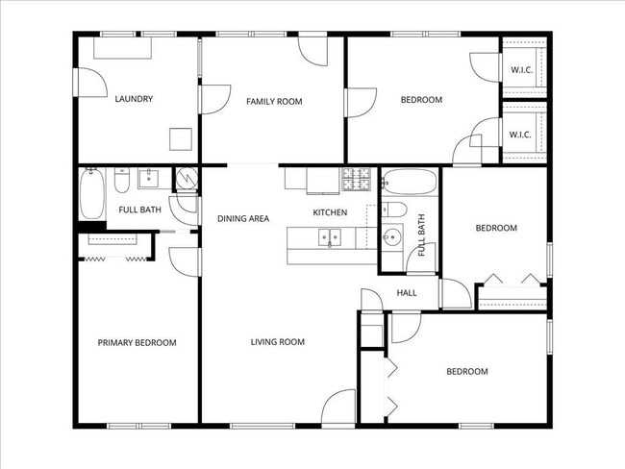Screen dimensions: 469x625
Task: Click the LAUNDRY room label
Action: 134,99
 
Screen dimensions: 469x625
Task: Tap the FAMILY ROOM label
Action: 274,101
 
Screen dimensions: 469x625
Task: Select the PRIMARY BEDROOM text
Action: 137,342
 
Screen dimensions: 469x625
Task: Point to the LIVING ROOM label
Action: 277,342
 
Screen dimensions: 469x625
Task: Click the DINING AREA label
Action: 242,218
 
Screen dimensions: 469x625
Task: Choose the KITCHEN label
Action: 330,212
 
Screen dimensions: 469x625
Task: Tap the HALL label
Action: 407,293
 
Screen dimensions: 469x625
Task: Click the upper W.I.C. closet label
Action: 521,70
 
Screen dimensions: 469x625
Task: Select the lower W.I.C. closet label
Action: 521,135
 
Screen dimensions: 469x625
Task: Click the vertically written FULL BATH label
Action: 421,235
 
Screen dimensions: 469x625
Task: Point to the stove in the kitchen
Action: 356,179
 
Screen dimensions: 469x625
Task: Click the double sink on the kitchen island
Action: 329,235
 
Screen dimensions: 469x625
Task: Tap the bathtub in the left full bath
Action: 91,195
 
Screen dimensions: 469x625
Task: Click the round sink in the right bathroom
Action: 391,237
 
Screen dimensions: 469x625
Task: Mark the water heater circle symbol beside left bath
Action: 185,178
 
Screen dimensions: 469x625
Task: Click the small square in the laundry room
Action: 180,139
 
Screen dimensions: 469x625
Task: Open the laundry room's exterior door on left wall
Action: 88,82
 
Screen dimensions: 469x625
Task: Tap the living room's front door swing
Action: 338,408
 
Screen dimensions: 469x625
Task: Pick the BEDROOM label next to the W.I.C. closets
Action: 421,100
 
